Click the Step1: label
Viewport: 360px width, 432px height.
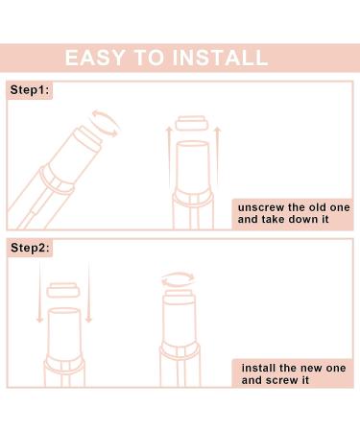coord(28,89)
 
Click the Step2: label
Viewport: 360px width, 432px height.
coord(28,248)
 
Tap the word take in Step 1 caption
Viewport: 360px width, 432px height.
coord(276,220)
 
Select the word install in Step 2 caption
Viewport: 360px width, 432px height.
coord(259,366)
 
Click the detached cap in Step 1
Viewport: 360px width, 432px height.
coord(189,125)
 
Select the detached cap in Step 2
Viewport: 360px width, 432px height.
coord(63,289)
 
